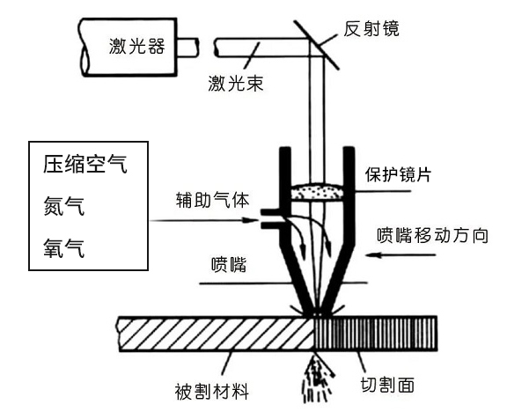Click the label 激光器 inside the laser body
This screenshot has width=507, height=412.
pyautogui.click(x=136, y=47)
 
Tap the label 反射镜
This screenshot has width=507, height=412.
pyautogui.click(x=371, y=28)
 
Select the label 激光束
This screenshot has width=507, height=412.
pyautogui.click(x=235, y=84)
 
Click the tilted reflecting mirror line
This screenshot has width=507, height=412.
pyautogui.click(x=317, y=45)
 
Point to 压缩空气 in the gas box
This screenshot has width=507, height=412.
pyautogui.click(x=85, y=164)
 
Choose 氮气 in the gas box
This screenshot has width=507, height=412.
pyautogui.click(x=64, y=206)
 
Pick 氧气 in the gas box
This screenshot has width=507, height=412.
pyautogui.click(x=64, y=248)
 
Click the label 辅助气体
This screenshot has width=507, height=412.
pyautogui.click(x=213, y=200)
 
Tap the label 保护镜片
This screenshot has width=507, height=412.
pyautogui.click(x=398, y=174)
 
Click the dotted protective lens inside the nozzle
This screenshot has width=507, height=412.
pyautogui.click(x=317, y=192)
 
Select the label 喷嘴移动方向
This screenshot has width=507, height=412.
pyautogui.click(x=432, y=235)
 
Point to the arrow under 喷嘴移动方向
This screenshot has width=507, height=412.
pyautogui.click(x=400, y=254)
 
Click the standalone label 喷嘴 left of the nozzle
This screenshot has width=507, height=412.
pyautogui.click(x=229, y=265)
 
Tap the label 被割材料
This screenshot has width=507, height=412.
pyautogui.click(x=212, y=392)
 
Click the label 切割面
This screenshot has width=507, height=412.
pyautogui.click(x=387, y=385)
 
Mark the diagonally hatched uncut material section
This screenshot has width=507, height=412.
pyautogui.click(x=216, y=334)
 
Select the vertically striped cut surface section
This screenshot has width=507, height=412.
pyautogui.click(x=376, y=334)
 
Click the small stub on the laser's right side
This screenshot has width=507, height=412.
pyautogui.click(x=187, y=48)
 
